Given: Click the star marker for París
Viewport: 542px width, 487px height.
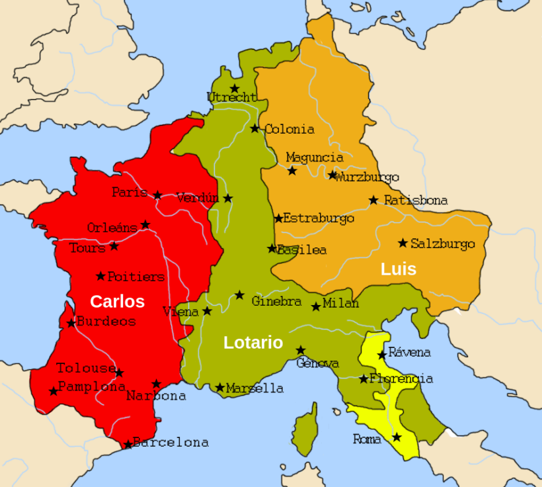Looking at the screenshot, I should (x=157, y=195).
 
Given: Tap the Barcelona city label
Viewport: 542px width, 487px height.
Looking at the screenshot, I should (x=171, y=443).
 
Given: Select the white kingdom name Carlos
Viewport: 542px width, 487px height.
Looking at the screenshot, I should (x=117, y=302).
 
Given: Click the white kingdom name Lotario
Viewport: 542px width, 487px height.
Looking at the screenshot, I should (x=253, y=343).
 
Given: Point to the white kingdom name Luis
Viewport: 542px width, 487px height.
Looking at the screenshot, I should (x=399, y=269).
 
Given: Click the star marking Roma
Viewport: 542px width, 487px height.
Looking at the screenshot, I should (x=397, y=437).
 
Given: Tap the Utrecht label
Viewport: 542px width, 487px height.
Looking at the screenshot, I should (x=231, y=98).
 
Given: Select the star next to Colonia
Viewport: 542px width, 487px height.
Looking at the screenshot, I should (x=255, y=128).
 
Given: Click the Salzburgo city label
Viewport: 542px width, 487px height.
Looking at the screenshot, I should (x=442, y=244).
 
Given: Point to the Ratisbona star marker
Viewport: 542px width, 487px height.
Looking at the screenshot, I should (x=373, y=200).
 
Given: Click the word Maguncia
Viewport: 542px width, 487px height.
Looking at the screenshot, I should (x=315, y=157).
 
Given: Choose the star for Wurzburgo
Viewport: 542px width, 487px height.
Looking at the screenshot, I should (x=332, y=175).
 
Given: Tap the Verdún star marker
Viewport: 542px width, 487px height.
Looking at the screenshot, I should (x=228, y=198).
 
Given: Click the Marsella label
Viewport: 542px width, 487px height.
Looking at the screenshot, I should (x=254, y=388).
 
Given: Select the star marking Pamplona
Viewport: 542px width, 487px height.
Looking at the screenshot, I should (x=54, y=391).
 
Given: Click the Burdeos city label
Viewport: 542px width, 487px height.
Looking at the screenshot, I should (x=106, y=322).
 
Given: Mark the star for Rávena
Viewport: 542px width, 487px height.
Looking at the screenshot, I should (x=382, y=355).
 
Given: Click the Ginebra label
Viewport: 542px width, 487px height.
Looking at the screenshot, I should (x=276, y=302).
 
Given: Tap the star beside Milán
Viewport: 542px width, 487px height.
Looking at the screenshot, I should (x=317, y=306).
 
